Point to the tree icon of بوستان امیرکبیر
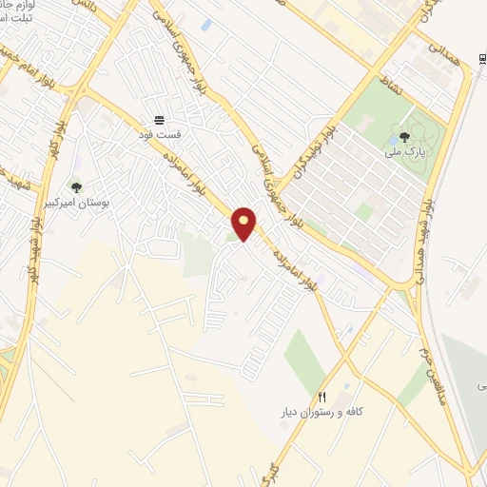[x=76, y=187]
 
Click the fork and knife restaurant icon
[x=322, y=398]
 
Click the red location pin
[x=244, y=224]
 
